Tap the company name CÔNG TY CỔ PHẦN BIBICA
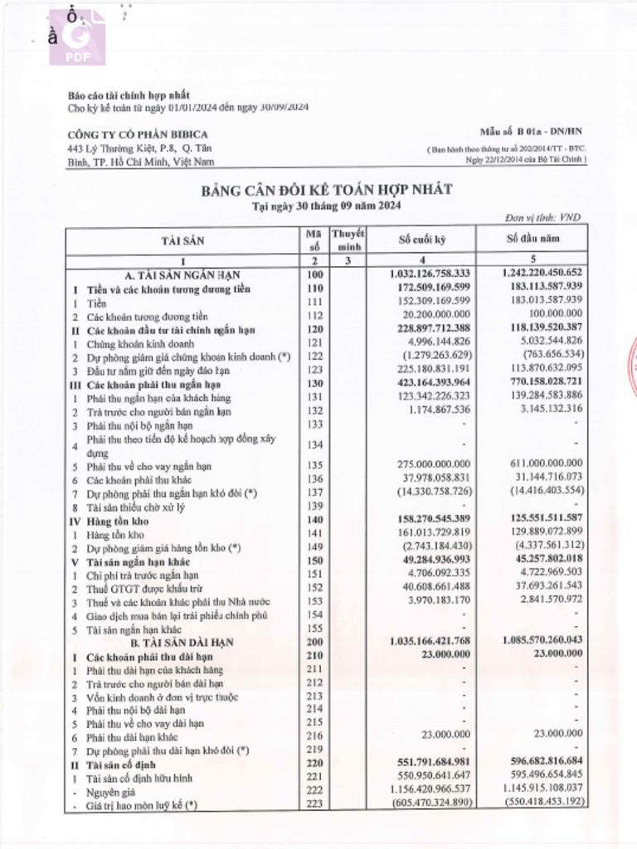[x=137, y=134]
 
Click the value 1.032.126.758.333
[x=429, y=274]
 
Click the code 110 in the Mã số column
[x=314, y=288]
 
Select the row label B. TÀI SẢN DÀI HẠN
[x=182, y=643]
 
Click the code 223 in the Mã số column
[x=314, y=805]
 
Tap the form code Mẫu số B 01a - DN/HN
[x=532, y=132]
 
